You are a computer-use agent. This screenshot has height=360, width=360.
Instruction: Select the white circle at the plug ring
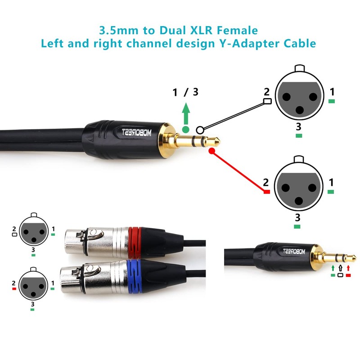pos(200,129)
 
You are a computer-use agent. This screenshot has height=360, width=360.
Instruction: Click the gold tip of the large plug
pos(215,142)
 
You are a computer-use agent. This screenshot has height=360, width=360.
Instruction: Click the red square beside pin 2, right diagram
pos(266,192)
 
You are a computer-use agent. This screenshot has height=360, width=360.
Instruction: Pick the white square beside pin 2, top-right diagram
pos(267,102)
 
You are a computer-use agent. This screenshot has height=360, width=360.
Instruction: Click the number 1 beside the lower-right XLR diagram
pos(332,183)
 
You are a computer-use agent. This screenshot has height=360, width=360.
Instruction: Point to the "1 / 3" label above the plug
pos(185,93)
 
